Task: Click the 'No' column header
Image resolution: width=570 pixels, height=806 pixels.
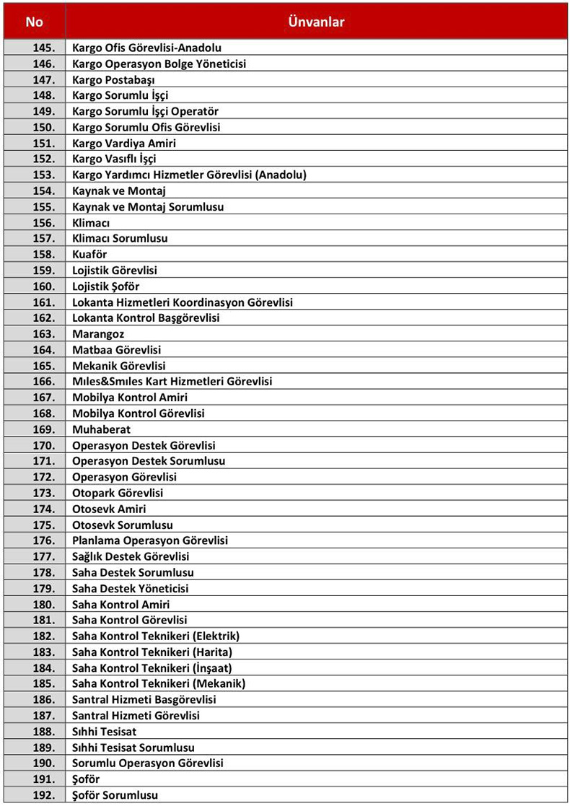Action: point(34,22)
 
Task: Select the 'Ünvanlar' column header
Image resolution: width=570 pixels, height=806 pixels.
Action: point(316,22)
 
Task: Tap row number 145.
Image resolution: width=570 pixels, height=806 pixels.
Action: point(44,48)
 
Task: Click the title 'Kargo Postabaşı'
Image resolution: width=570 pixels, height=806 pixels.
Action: point(113,79)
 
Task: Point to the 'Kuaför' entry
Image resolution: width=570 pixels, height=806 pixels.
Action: point(89,254)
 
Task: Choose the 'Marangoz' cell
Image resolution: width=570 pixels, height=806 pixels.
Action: point(98,334)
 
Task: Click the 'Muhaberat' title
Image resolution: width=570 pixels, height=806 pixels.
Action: point(101,429)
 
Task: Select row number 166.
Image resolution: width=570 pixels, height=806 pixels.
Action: point(44,381)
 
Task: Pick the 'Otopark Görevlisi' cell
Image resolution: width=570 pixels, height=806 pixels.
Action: point(118,493)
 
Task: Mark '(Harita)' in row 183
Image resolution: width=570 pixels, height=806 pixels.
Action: point(209,652)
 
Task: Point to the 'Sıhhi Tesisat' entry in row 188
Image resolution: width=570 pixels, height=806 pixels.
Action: point(104,732)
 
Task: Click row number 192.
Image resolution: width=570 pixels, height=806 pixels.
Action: point(44,795)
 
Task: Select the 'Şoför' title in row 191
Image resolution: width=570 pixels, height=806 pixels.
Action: point(86,779)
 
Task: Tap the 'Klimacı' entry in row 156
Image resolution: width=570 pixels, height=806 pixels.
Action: point(91,222)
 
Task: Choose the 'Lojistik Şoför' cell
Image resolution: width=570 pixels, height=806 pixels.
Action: point(106,286)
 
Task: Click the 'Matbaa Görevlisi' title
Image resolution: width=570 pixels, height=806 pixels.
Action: point(116,350)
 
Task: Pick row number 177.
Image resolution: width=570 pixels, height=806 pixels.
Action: point(44,556)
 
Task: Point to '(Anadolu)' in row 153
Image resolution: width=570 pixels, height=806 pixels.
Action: point(281,175)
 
